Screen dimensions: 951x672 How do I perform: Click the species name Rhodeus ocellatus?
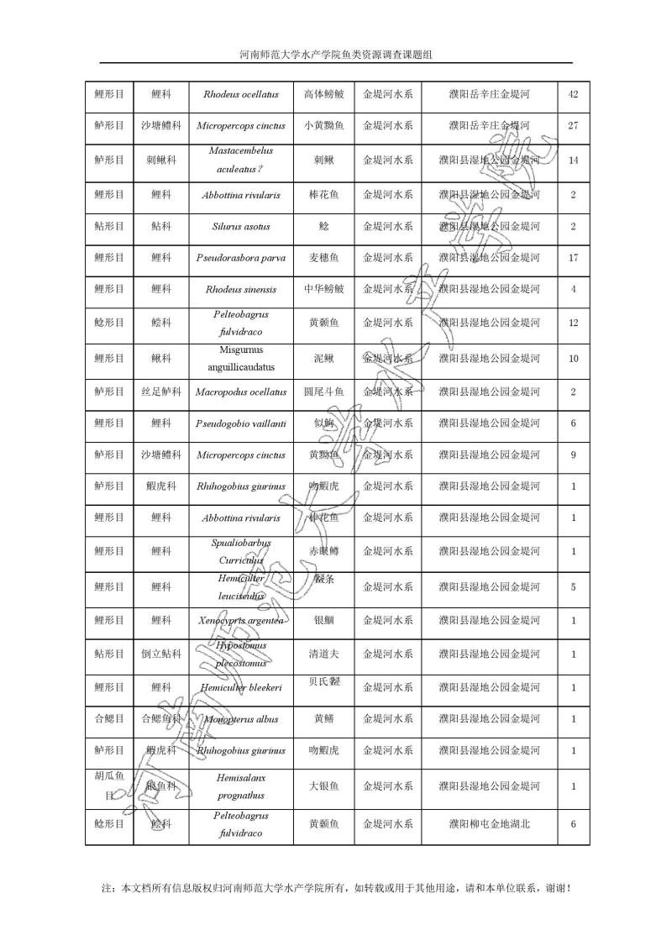point(240,94)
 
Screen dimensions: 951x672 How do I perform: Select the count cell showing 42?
point(573,94)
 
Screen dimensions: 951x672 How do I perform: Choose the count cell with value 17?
point(573,258)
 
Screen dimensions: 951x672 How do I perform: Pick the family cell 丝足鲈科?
point(160,392)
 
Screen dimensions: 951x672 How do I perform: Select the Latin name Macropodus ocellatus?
point(240,392)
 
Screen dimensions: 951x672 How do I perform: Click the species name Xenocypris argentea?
point(240,621)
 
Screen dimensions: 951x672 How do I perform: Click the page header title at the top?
point(336,55)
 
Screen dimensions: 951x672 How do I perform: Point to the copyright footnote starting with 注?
point(336,887)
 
